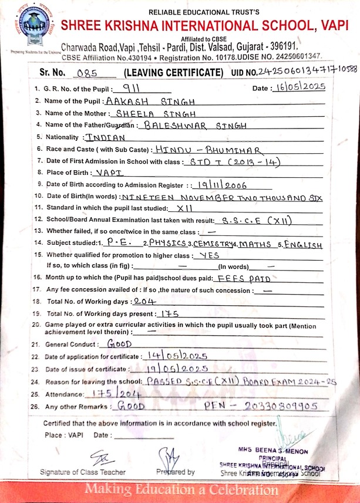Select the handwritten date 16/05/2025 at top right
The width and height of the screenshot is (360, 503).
click(x=298, y=87)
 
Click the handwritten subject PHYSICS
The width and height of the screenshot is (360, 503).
click(x=166, y=242)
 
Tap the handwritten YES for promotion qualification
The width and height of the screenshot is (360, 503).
click(x=209, y=255)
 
